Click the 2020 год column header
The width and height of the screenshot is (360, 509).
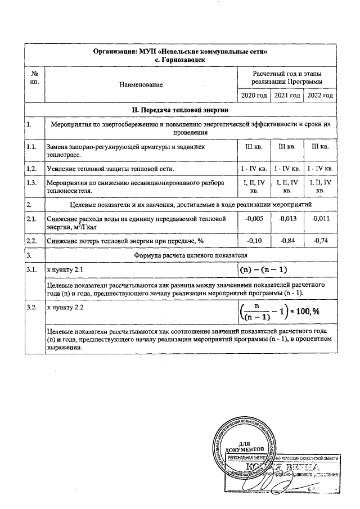[x=254, y=96]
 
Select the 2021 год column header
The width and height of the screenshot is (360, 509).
[x=287, y=96]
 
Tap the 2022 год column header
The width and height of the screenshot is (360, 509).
[x=320, y=96]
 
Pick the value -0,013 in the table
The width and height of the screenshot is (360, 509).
[x=287, y=218]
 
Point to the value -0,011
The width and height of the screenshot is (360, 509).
[x=320, y=218]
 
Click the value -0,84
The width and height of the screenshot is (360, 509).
[x=287, y=241]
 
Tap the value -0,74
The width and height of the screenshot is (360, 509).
[x=320, y=241]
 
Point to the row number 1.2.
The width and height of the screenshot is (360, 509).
[x=31, y=168]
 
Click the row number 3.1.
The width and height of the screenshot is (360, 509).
[x=31, y=271]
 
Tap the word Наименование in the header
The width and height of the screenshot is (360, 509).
[x=141, y=84]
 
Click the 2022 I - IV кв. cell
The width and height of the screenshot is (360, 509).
[x=320, y=168]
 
